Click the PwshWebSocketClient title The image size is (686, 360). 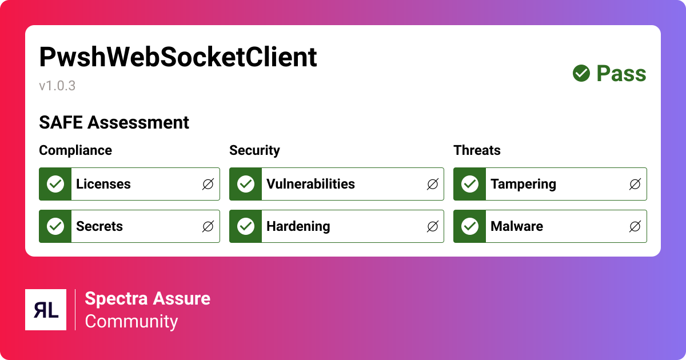pos(178,57)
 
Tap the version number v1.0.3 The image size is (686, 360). pos(57,86)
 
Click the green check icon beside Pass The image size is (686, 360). pos(581,73)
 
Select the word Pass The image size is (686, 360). pos(621,74)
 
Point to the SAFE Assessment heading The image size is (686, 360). pos(114,122)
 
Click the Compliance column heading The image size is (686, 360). pos(75,150)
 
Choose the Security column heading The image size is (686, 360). pos(254,150)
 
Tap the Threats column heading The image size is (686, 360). pos(477,150)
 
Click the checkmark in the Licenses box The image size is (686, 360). pos(55,184)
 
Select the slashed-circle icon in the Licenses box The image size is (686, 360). pos(208,184)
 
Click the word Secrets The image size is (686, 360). pos(99,226)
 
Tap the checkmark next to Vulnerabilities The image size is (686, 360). pos(246,184)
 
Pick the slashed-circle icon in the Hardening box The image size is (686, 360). pos(433,226)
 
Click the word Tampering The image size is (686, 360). pos(523,184)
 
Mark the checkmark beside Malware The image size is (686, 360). pos(470,226)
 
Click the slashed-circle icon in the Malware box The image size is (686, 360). pos(635,226)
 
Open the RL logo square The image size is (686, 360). pos(46,310)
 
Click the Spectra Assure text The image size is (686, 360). pos(147,298)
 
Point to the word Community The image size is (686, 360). pos(131,321)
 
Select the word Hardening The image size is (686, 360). pos(298,226)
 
